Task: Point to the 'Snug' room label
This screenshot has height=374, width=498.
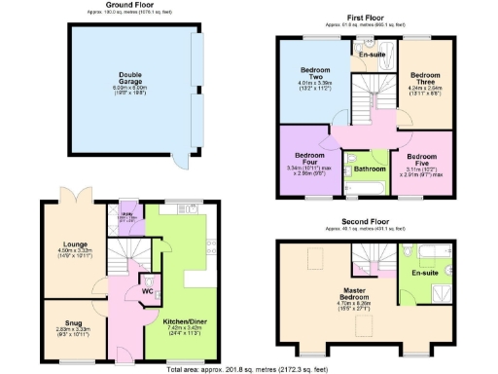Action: (x=74, y=323)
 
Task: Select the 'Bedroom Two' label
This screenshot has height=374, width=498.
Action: (x=314, y=74)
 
